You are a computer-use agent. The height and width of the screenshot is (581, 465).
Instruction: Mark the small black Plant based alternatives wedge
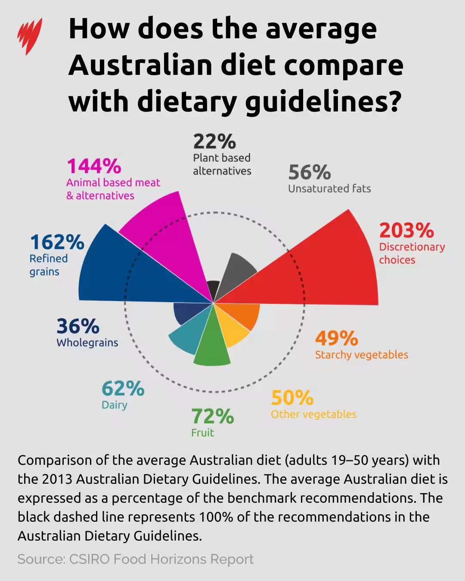point(212,288)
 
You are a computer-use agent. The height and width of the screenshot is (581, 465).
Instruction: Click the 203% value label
point(406,230)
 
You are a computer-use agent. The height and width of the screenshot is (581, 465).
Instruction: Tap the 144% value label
point(94,166)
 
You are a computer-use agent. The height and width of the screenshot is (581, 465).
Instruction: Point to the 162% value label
point(57,242)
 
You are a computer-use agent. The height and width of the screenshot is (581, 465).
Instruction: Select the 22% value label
point(214,141)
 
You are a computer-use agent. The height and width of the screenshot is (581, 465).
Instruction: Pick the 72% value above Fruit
point(212,416)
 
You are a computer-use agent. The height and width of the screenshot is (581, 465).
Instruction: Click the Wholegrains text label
point(87,343)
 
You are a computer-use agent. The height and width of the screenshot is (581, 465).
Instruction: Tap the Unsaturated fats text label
point(329,189)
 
